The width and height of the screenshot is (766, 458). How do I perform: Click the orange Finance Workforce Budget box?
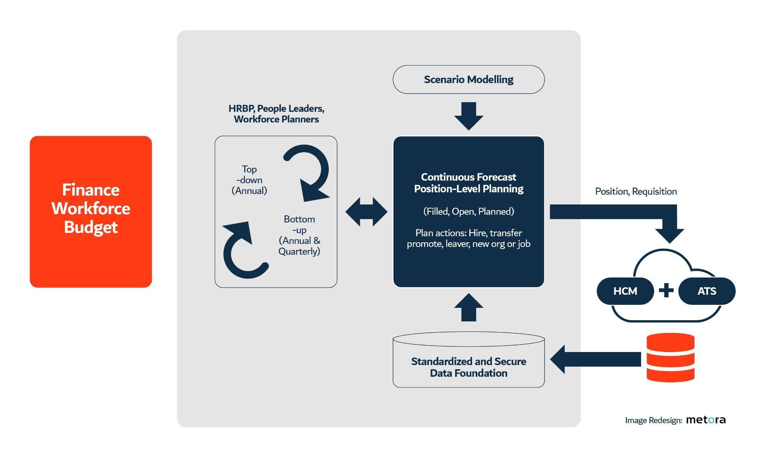coord(91,212)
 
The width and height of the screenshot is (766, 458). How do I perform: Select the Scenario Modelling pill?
coord(469,79)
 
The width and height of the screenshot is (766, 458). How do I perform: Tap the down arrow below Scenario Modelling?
coord(469,116)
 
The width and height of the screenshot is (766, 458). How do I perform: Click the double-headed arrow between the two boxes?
coord(367,212)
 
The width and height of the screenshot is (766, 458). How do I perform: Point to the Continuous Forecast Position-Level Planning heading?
coord(469,183)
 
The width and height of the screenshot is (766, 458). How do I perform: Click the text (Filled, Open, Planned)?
coord(469,212)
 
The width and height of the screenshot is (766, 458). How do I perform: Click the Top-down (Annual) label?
coord(249,180)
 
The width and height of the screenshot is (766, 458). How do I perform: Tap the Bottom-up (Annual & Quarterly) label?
coord(299,235)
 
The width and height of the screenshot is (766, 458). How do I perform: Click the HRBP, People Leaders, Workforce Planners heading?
coord(276,114)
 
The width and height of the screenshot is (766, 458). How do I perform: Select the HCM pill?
coord(625,291)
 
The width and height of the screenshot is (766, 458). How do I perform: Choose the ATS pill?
coord(707,291)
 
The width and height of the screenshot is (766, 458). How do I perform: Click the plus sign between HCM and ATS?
coord(666,291)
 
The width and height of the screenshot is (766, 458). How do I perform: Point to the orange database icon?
coord(671,357)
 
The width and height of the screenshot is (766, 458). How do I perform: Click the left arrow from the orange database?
coord(595,360)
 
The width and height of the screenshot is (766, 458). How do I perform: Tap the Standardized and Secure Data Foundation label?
coord(469,367)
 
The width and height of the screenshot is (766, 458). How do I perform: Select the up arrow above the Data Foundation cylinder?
coord(469,307)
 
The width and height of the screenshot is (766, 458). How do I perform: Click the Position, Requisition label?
coord(636,192)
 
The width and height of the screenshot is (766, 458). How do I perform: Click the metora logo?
coord(706,420)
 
